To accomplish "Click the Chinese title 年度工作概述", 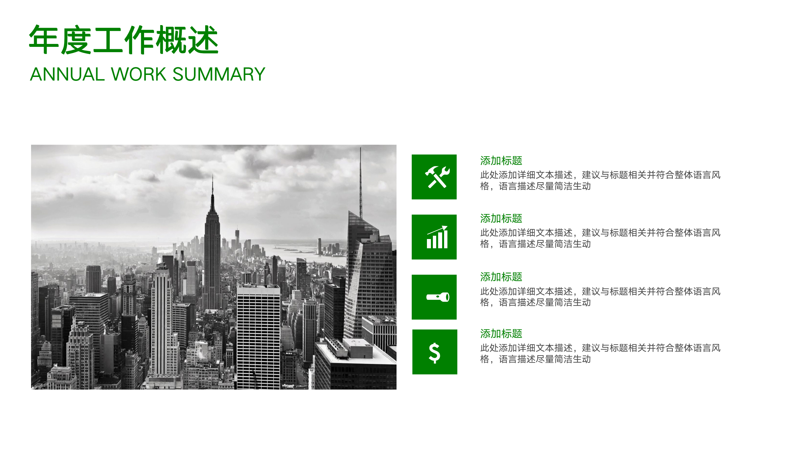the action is [124, 40].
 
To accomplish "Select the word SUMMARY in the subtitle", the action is [219, 74].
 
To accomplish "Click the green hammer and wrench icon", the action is [434, 177].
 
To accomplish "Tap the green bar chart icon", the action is [434, 237].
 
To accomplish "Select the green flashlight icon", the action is [434, 297].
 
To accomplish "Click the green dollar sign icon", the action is [435, 352].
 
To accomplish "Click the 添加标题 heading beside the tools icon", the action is [501, 161].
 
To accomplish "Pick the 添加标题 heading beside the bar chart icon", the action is [501, 219].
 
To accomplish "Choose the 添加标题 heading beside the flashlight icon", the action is [501, 277].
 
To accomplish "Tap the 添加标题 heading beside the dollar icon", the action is [501, 334].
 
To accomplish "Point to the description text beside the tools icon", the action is [600, 181].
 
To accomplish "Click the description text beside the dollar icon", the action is [600, 354].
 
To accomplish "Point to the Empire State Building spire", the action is [212, 188].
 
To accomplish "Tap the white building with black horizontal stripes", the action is [258, 337].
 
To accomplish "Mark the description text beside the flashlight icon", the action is [600, 297].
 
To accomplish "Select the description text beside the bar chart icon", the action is [600, 238].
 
